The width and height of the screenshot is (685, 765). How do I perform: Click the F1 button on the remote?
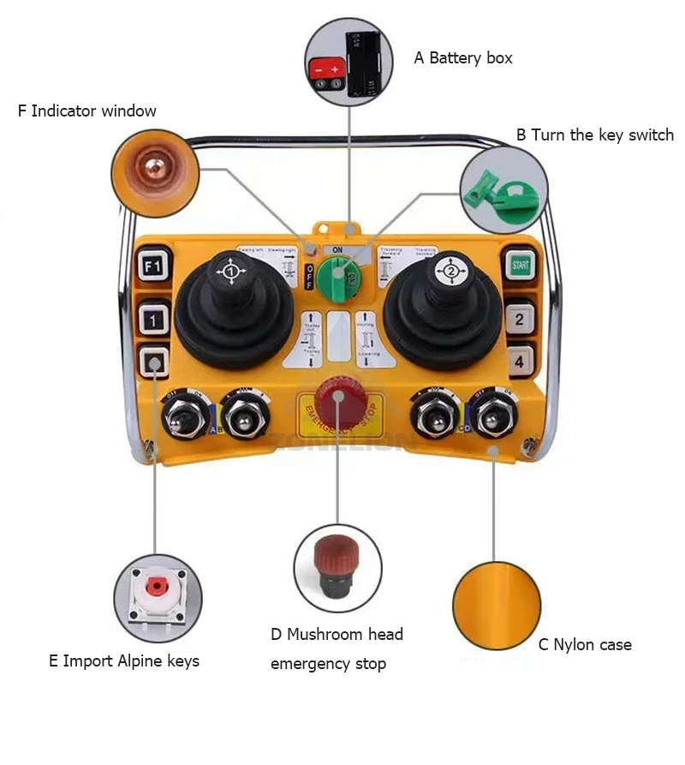click(x=154, y=267)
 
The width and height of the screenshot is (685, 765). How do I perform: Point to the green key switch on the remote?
click(x=337, y=276)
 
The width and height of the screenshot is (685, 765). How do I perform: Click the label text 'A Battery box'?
click(x=463, y=58)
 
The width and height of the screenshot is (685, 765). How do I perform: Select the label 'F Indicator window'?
click(x=87, y=111)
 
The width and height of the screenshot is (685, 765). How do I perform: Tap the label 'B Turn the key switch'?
click(x=594, y=134)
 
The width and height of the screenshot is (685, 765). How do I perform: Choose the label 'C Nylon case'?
click(x=585, y=644)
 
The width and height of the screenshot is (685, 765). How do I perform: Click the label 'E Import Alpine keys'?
click(x=124, y=660)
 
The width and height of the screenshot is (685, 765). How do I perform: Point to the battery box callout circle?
click(x=348, y=62)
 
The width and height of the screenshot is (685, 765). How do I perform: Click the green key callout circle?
click(x=504, y=188)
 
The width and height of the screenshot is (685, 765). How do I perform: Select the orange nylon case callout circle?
click(x=497, y=605)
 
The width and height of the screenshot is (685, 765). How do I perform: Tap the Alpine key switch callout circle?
click(x=158, y=597)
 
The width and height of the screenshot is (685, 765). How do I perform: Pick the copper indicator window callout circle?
click(x=155, y=176)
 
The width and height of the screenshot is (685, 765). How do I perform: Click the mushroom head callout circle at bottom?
click(x=337, y=568)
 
